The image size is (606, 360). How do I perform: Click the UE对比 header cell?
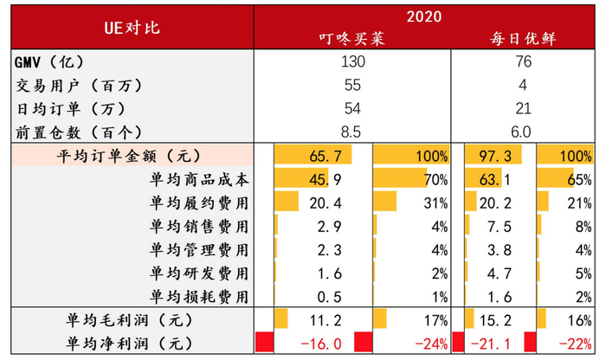pos(131,28)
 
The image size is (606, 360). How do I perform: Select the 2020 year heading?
pos(425,16)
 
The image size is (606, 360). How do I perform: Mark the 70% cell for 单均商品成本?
pos(435,180)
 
